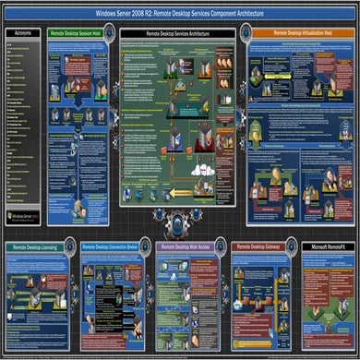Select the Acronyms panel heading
pos(21,32)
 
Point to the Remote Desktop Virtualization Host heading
pos(300,32)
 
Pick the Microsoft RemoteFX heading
pos(327,247)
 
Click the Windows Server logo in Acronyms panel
pos(22,216)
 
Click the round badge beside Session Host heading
pos(110,31)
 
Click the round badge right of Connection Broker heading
pos(149,246)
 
